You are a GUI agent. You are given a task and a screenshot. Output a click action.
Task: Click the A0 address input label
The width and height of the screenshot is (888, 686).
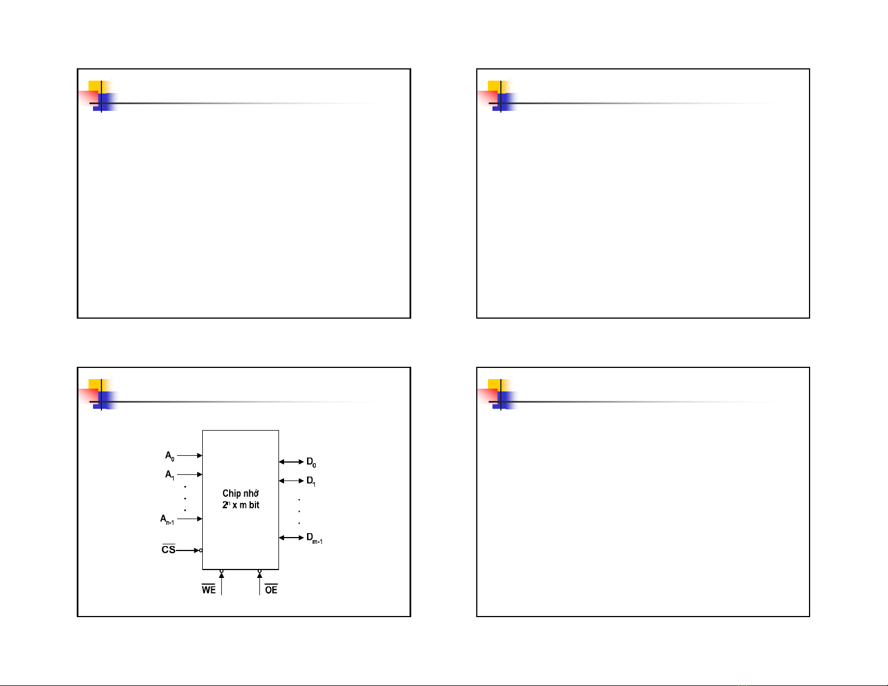pyautogui.click(x=170, y=456)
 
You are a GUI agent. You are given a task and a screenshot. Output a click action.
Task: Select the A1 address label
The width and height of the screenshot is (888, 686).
pyautogui.click(x=170, y=475)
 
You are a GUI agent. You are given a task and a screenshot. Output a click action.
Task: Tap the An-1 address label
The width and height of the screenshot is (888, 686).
pyautogui.click(x=167, y=519)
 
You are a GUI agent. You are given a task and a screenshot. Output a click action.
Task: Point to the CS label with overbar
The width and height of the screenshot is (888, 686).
pyautogui.click(x=168, y=550)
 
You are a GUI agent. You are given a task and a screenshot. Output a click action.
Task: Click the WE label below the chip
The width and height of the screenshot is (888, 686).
pyautogui.click(x=208, y=590)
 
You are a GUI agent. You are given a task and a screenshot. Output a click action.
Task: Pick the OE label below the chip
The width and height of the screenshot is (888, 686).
pyautogui.click(x=271, y=590)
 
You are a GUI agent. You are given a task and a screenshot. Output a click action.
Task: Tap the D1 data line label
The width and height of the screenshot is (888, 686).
pyautogui.click(x=311, y=481)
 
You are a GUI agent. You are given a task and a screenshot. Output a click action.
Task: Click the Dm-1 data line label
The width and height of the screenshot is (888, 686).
pyautogui.click(x=314, y=538)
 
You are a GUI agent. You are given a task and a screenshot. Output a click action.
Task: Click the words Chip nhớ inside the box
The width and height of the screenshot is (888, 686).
pyautogui.click(x=240, y=493)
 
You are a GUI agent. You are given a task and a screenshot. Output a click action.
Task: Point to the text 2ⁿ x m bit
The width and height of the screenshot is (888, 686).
pyautogui.click(x=240, y=505)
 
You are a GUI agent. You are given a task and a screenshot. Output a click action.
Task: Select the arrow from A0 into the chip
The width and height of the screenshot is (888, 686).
pyautogui.click(x=189, y=456)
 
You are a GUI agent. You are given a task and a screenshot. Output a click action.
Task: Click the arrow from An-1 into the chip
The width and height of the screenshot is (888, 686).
pyautogui.click(x=189, y=519)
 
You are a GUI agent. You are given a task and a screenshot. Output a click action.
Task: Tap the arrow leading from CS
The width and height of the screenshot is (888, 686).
pyautogui.click(x=188, y=550)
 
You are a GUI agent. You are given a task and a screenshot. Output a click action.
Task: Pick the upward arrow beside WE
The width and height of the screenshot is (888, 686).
pyautogui.click(x=222, y=584)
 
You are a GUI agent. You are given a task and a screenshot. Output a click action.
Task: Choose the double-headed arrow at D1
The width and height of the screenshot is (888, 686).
pyautogui.click(x=291, y=481)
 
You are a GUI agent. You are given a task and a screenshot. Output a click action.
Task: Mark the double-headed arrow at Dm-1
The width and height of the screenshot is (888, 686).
pyautogui.click(x=291, y=538)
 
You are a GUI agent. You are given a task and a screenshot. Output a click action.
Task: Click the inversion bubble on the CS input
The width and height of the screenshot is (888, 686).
pyautogui.click(x=201, y=550)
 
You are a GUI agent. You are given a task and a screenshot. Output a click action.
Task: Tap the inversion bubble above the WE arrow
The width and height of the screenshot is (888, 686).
pyautogui.click(x=222, y=571)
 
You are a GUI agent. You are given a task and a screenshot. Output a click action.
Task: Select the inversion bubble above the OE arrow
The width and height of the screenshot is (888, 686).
pyautogui.click(x=259, y=571)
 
